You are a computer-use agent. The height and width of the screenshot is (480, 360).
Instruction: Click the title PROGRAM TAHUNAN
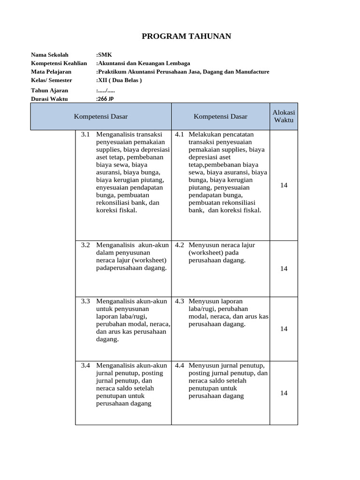tap(180, 37)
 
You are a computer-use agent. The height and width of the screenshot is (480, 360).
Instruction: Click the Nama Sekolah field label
tap(50, 55)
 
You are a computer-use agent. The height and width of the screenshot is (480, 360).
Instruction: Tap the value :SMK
tap(104, 55)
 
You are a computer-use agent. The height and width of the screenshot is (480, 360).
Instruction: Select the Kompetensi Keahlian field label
tap(59, 63)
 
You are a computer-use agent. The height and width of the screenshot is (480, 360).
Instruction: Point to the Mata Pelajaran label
tap(51, 72)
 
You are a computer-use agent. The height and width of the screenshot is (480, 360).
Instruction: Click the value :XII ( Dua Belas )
tap(119, 80)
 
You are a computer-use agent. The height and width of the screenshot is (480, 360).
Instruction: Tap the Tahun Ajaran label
tap(49, 90)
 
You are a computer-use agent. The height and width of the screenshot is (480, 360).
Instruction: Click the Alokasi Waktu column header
tap(284, 116)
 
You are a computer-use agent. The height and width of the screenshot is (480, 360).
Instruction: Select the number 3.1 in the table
tap(85, 135)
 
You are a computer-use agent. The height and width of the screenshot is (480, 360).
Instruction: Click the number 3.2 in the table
tap(85, 245)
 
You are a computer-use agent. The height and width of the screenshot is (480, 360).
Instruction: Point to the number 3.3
tap(85, 301)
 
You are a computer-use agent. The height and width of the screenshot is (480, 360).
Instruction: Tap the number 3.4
tap(85, 366)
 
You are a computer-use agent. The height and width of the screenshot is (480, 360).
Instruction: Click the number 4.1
tap(180, 135)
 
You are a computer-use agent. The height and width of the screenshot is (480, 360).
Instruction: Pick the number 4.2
tap(180, 245)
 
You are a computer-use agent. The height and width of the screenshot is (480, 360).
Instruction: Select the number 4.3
tap(180, 301)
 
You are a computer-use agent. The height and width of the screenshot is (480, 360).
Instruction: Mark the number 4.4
tap(180, 366)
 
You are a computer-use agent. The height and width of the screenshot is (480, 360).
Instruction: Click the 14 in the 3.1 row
tap(284, 185)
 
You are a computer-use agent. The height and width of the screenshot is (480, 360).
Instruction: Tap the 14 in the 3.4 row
tap(284, 393)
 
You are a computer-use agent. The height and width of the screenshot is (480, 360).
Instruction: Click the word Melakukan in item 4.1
tap(205, 135)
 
